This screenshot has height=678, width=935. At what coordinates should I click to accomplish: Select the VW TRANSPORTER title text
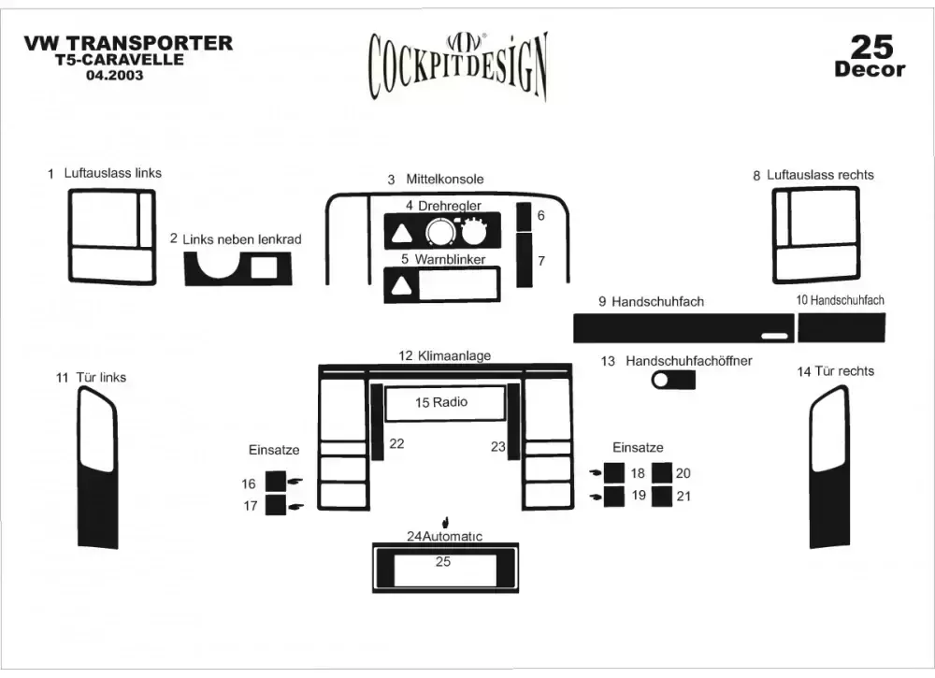coord(127,43)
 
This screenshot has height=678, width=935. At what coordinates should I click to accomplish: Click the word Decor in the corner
coord(870,69)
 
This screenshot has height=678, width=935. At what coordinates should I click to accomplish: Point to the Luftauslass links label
coord(112,173)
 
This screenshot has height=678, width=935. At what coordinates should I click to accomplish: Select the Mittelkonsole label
coord(444,179)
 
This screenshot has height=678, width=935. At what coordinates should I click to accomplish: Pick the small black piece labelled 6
coord(525,215)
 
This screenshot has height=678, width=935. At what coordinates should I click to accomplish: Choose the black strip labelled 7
coord(525,260)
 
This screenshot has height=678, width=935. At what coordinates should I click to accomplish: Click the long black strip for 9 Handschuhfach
coord(673,329)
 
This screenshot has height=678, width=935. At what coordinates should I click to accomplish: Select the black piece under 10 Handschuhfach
coord(841,328)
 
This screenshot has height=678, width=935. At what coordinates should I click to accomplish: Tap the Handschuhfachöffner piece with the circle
coord(674,380)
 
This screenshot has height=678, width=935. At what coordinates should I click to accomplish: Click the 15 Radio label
coord(441,402)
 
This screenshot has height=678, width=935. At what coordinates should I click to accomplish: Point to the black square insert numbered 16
coord(276,482)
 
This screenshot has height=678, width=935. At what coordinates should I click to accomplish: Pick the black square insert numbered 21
coord(662,495)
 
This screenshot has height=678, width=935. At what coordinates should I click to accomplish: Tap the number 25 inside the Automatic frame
coord(443,561)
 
